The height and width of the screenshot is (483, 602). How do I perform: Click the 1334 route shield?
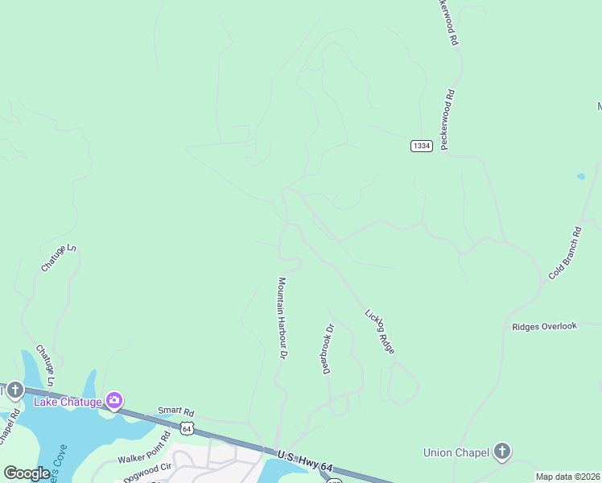coord(421,145)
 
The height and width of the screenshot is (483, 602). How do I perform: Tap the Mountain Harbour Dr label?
coord(282,318)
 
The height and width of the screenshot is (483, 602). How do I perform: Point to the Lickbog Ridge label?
coord(380,331)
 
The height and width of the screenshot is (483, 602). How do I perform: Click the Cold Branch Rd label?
coord(565,253)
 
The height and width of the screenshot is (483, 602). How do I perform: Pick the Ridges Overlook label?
coord(545,326)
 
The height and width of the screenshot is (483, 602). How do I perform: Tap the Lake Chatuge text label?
coord(67,402)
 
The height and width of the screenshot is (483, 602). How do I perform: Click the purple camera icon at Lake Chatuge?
coord(114,400)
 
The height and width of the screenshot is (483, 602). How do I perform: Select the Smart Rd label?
coord(171,410)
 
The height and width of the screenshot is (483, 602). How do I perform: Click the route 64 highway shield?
coord(187,428)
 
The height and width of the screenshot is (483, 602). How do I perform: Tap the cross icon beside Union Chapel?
coord(501,451)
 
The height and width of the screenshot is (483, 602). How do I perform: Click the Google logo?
coord(27,473)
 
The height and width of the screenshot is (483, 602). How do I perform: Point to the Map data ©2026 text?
coord(568,477)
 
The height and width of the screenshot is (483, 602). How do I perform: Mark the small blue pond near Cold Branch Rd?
coord(581,175)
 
